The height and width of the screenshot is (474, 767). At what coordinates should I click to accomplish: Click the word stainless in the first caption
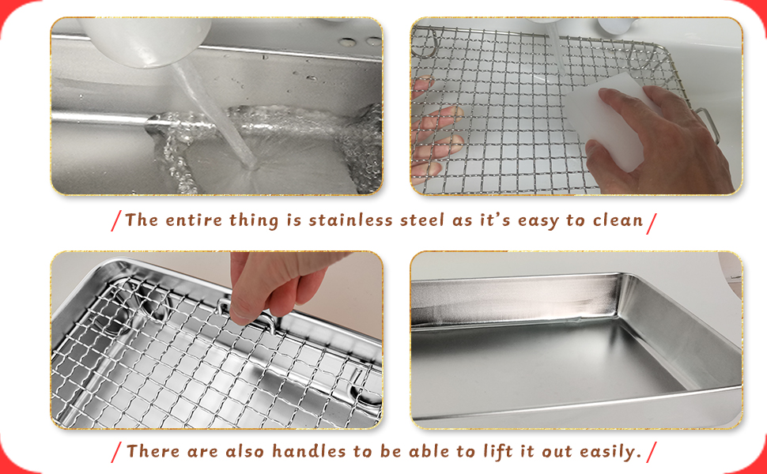[349, 220]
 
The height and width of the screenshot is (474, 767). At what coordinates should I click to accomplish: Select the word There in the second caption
[152, 452]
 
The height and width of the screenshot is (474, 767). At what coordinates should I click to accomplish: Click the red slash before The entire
[116, 221]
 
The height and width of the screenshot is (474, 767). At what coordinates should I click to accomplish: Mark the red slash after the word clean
[652, 221]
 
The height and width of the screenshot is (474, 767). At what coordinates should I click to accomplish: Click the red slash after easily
[652, 453]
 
